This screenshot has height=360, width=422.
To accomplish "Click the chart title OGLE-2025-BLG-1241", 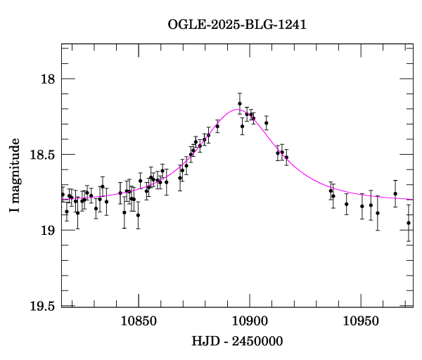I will tap(237, 25).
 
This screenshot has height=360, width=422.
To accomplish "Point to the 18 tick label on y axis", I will tap(46, 79).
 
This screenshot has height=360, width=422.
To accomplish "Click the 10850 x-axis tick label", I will tap(138, 321).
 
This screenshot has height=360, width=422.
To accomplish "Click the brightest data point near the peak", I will tap(240, 103).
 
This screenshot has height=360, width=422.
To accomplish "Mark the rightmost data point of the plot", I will tap(409, 223).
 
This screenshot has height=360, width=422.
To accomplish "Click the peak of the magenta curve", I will tap(237, 110).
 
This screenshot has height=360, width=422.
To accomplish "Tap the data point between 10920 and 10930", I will tap(286, 157).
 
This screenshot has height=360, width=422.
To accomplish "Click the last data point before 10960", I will tap(378, 213).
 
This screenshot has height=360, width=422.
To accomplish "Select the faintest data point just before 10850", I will tap(138, 215).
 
